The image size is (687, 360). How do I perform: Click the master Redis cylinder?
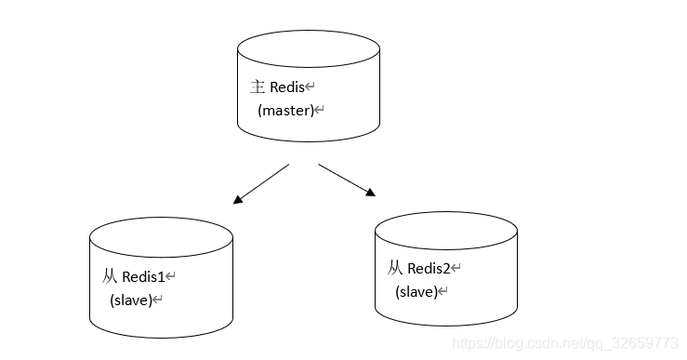tap(309, 86)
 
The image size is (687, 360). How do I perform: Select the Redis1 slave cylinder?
tap(161, 277)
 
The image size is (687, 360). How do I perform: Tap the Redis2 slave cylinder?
tap(446, 269)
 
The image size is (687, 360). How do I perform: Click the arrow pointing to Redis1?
tap(261, 184)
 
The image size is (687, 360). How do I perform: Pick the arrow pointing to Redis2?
tap(347, 180)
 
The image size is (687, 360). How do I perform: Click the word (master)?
tap(286, 110)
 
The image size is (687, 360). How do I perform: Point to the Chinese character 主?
tap(258, 87)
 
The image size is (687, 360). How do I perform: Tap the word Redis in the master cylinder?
tap(287, 87)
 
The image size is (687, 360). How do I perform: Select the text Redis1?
tap(143, 276)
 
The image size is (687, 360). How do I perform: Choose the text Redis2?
tap(429, 268)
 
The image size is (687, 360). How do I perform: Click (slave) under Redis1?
tap(131, 300)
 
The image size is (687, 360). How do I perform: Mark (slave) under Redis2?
tap(416, 291)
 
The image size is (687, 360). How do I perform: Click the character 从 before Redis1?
tap(110, 276)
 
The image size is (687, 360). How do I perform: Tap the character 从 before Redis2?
tap(395, 268)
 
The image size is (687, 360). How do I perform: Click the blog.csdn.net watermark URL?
tap(565, 343)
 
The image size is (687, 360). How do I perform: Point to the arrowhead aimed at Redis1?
tap(237, 200)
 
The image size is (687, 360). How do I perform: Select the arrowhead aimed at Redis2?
tap(371, 193)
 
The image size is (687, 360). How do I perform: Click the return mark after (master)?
tap(320, 109)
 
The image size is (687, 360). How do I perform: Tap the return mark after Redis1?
tap(170, 275)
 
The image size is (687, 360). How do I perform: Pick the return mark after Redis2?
tap(456, 268)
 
